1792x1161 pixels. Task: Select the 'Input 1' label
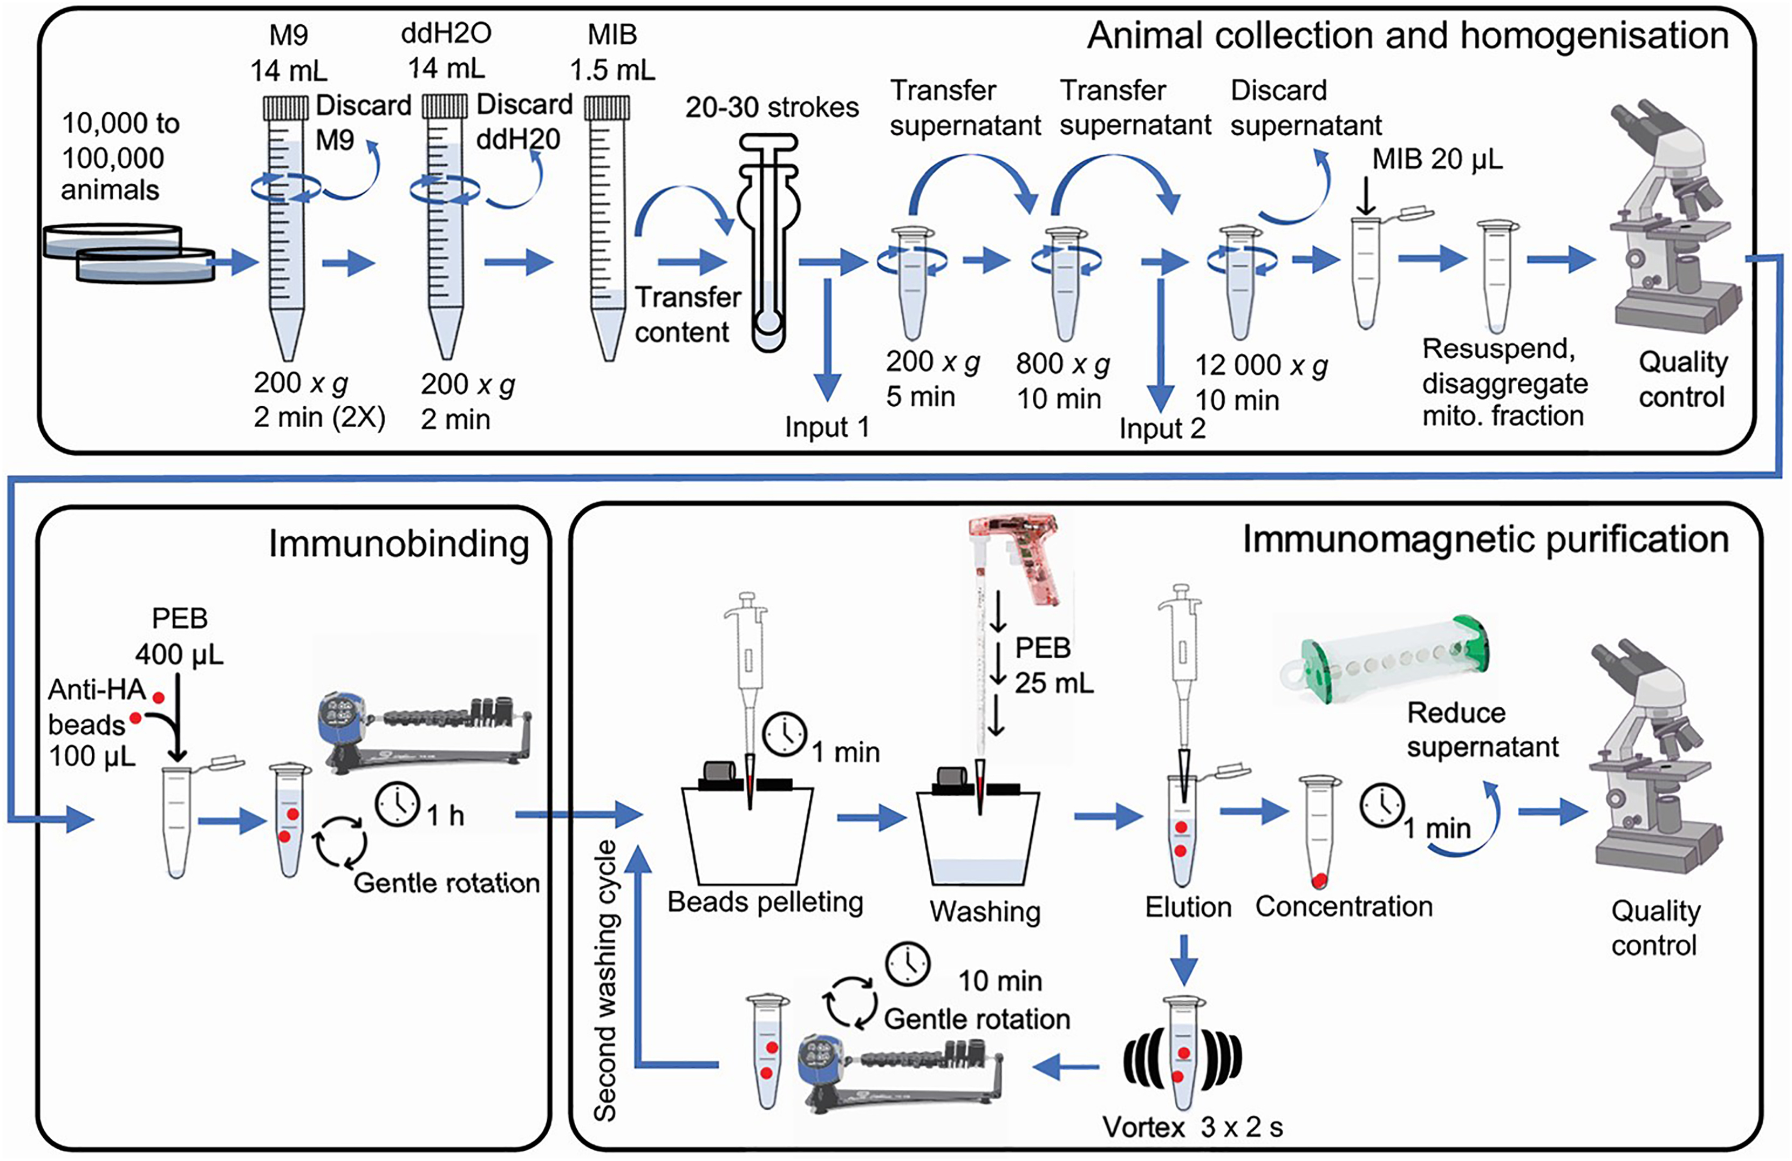coord(826,427)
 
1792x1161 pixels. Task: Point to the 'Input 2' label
coord(1162,428)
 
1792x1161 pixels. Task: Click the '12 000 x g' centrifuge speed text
coord(1261,366)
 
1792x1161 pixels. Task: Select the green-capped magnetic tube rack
coord(1385,659)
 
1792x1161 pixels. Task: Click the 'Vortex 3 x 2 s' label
coord(1193,1127)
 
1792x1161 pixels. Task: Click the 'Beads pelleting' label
coord(765,902)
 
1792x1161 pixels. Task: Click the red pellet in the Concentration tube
coord(1318,879)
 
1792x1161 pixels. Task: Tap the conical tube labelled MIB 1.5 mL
coord(607,226)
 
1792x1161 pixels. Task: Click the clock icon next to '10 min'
coord(907,963)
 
